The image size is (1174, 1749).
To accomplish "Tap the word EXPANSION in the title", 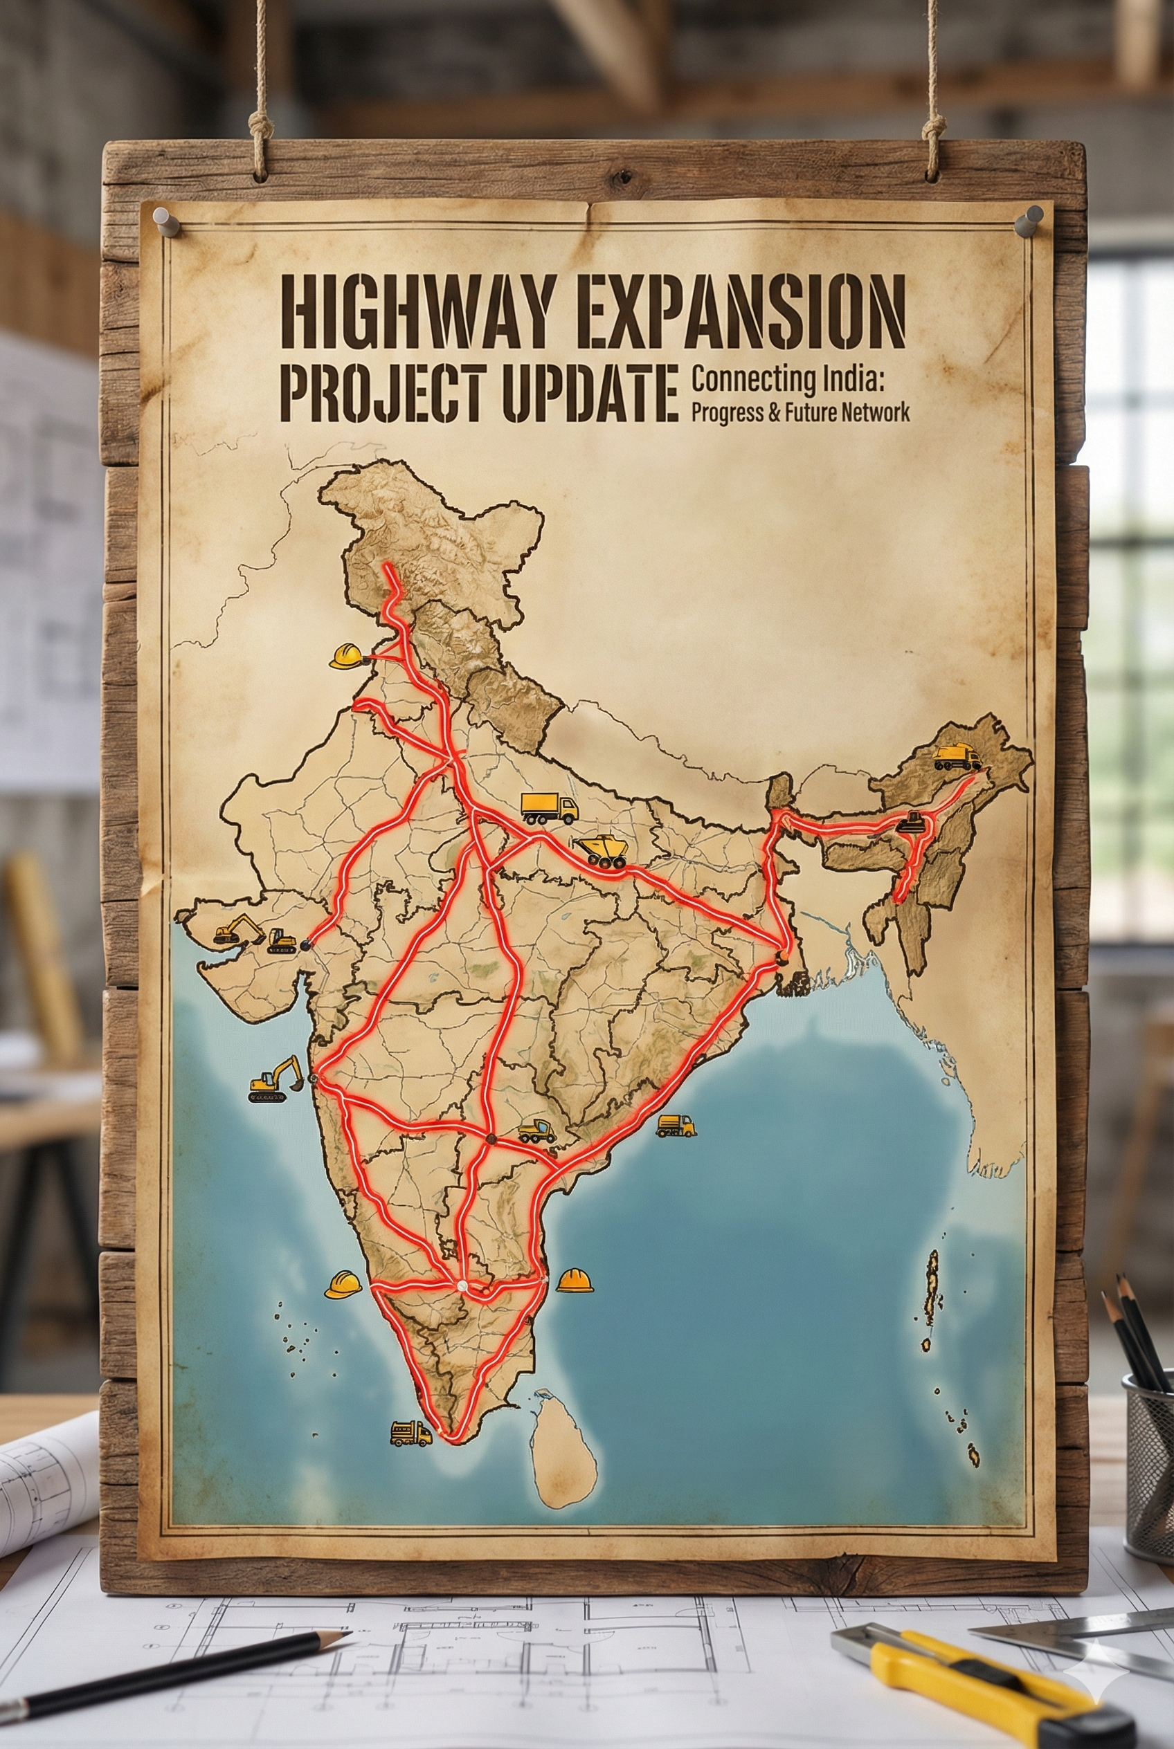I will [x=741, y=311].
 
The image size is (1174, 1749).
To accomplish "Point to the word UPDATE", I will [x=584, y=392].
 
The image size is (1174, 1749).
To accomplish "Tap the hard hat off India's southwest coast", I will [x=343, y=1284].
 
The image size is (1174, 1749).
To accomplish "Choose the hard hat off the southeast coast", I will [x=575, y=1281].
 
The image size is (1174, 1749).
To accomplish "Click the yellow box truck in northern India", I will [x=549, y=807].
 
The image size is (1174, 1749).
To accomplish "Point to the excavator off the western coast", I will [x=276, y=1079].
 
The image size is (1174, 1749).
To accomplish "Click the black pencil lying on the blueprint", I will [x=172, y=1656].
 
